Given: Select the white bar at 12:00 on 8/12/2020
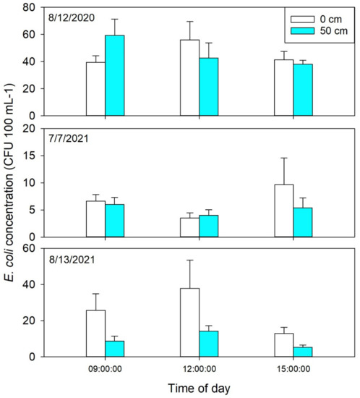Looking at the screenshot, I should tap(190, 77).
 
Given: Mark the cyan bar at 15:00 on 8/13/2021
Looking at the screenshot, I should tap(303, 352).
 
